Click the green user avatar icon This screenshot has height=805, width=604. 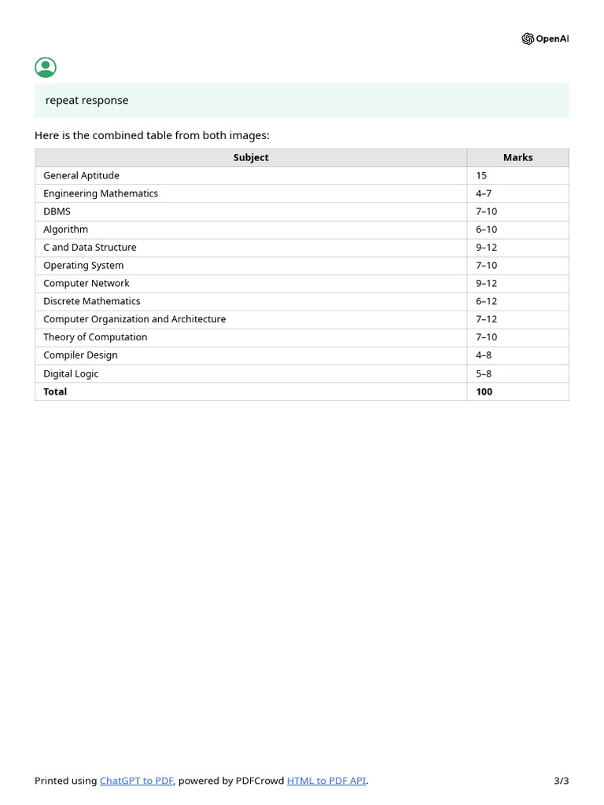pos(46,68)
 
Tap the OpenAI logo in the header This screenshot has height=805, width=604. pos(544,39)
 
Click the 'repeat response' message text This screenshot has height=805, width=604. pos(87,101)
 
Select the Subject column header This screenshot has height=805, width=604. pos(251,158)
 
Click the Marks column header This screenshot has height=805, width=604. pos(517,158)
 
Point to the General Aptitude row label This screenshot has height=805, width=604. pos(81,175)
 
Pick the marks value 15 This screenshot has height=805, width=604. pos(481,175)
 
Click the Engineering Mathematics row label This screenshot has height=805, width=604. pos(101,193)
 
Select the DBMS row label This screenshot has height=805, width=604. pos(57,211)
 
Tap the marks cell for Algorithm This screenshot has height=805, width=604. pos(486,230)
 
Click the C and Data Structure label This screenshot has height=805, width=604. pos(90,248)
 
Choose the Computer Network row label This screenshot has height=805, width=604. pos(87,283)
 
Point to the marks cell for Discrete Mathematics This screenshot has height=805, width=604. pos(486,301)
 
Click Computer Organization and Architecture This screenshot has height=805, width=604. pos(134,319)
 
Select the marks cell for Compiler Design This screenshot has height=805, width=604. pos(484,355)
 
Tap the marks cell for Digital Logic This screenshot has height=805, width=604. pos(484,374)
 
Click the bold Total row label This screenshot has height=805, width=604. pos(55,391)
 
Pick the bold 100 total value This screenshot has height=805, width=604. pos(484,391)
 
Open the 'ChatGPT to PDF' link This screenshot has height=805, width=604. pos(136,781)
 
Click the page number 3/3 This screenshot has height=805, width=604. pos(561,781)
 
